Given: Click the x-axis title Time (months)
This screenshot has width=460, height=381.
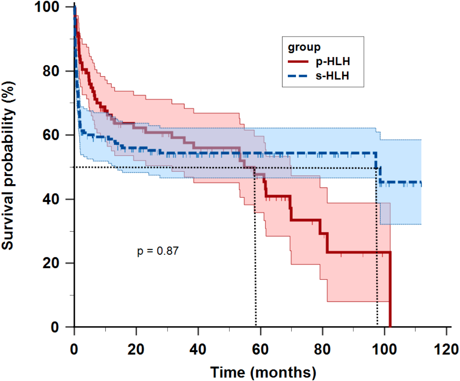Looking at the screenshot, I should point(263,372).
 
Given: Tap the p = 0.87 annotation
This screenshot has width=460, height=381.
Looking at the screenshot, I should point(158,251).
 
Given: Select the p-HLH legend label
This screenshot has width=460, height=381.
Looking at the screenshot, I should point(333,61).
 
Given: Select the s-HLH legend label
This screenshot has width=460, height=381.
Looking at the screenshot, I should point(332,76).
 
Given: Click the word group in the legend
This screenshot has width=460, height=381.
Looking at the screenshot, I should point(304,47).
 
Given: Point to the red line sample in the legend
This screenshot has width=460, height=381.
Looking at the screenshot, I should point(298,62).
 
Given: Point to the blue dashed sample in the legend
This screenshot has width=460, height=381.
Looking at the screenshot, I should point(298,76).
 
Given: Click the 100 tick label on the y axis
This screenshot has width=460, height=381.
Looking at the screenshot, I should point(47,7).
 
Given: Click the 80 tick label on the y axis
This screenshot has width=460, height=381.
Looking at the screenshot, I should point(51,71).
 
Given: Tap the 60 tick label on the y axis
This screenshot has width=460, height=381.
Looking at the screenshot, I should point(51,135).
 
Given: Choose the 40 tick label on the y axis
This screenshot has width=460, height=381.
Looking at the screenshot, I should point(51,199).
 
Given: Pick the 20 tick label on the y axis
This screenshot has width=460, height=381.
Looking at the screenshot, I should point(51,263).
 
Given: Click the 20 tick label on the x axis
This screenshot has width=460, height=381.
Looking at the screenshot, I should point(136,350).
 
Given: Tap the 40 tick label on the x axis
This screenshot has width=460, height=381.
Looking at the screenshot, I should point(198,350).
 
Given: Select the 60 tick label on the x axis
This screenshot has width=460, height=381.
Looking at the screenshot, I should point(260,350).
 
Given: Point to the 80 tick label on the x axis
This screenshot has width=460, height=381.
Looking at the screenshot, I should point(322,350).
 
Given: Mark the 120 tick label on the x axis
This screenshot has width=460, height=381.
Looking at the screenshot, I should point(446,350).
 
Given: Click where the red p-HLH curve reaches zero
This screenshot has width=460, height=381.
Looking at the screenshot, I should point(390,326).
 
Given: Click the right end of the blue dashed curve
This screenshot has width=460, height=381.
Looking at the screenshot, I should point(421,183).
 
